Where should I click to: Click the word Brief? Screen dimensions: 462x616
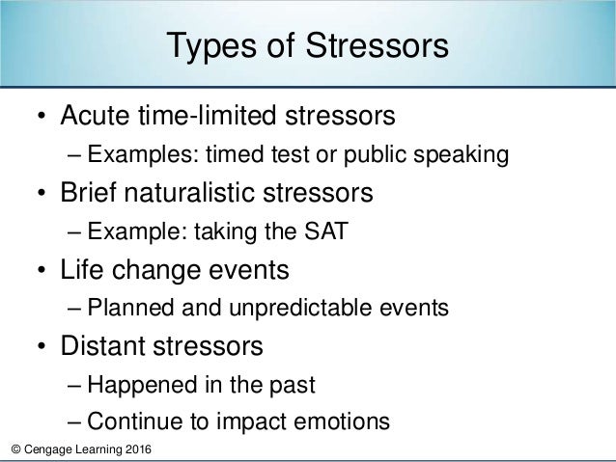tap(93, 193)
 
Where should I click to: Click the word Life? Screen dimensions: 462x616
tap(83, 269)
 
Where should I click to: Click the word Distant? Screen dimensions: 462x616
tap(103, 345)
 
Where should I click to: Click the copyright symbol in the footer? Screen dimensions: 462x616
tap(10, 451)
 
